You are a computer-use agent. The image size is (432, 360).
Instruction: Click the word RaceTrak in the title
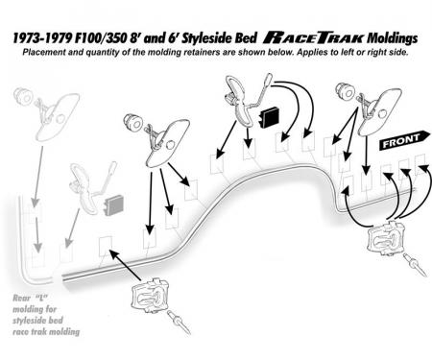314,38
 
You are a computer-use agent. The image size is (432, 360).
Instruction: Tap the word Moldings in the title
393,38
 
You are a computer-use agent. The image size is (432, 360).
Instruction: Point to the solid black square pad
271,117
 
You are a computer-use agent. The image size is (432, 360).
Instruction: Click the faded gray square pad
114,204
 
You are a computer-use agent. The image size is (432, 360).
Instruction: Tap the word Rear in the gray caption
21,299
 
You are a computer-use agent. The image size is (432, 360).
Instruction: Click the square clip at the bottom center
151,296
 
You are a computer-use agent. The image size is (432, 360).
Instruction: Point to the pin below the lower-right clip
415,264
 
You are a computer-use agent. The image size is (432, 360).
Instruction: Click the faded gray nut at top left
23,95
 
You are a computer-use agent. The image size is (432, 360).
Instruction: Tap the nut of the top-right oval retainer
345,90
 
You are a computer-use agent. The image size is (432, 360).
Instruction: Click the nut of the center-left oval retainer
132,122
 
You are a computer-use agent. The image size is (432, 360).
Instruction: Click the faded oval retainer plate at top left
58,115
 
